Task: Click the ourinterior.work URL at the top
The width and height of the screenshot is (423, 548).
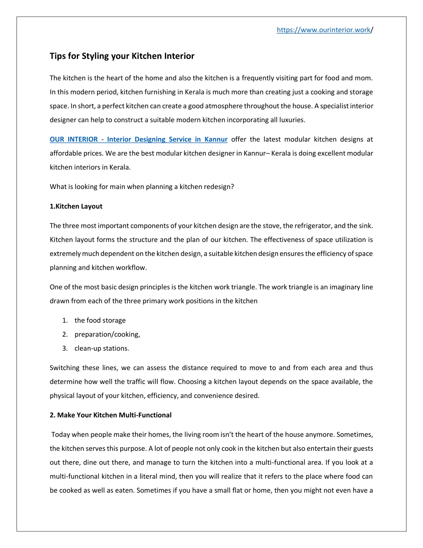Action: point(323,30)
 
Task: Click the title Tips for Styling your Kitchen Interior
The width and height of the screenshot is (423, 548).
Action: point(122,56)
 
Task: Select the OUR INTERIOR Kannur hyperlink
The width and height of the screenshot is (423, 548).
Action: point(138,139)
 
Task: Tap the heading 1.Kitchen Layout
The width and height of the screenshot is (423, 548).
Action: point(76,206)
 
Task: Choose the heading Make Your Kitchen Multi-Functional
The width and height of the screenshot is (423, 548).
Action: point(114,415)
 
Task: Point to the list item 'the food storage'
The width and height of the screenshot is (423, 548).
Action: point(100,320)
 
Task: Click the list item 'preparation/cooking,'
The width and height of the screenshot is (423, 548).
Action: point(107,334)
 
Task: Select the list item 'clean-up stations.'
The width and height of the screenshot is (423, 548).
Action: point(102,348)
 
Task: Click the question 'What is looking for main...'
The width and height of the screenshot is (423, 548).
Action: point(142,187)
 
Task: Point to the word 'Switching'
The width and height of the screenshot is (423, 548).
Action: point(64,368)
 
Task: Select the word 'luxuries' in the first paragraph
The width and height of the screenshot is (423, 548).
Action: point(292,120)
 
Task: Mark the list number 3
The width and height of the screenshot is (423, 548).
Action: point(65,348)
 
